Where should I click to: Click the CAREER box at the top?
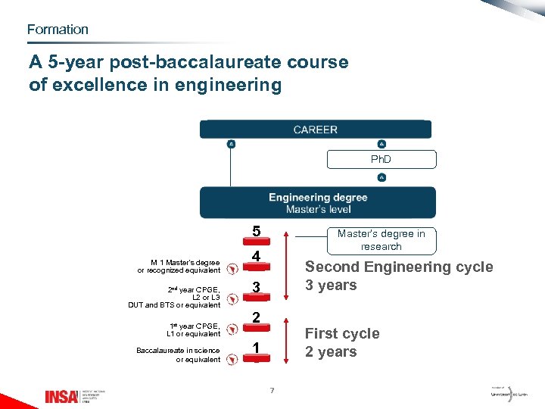tap(315, 130)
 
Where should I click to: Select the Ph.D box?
tap(381, 159)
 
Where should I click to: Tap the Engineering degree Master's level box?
tap(317, 203)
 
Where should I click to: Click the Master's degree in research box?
tap(381, 239)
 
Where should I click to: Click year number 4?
tap(257, 258)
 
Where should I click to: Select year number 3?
tap(257, 288)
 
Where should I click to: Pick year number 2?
tap(257, 317)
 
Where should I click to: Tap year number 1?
tap(257, 348)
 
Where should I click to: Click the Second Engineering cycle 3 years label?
tap(398, 276)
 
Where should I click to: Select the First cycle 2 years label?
tap(341, 342)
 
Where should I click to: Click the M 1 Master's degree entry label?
tap(179, 267)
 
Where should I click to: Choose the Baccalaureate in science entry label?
tap(179, 354)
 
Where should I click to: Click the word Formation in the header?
tap(58, 30)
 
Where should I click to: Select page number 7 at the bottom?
tap(272, 390)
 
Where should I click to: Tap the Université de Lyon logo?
tap(506, 395)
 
